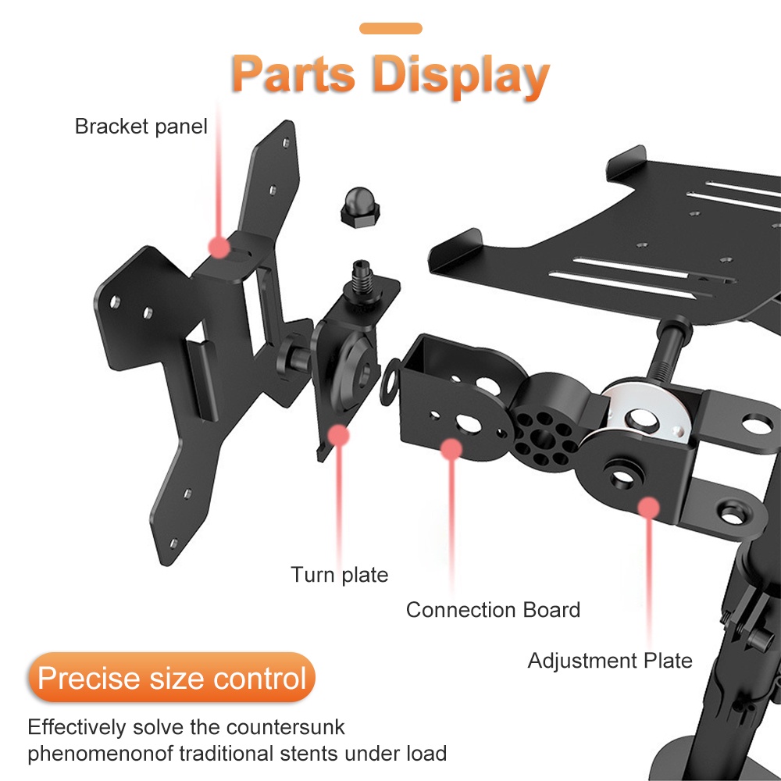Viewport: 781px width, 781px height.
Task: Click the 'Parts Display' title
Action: coord(390,75)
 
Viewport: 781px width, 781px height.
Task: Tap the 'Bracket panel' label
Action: coord(141,127)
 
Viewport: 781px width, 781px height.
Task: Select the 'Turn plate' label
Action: coord(340,575)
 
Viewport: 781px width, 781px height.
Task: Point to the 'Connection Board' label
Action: coord(493,610)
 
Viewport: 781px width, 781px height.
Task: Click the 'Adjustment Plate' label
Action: coord(610,661)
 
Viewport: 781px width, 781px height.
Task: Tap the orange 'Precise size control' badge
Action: coord(172,677)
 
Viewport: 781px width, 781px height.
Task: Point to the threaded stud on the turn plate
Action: coord(362,277)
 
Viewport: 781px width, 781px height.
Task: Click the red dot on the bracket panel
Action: coord(219,247)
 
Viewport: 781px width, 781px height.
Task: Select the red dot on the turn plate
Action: coord(339,435)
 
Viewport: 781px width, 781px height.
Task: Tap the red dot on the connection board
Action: coord(451,449)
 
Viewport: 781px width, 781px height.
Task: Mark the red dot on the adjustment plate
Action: coord(648,508)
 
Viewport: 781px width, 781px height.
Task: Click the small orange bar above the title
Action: coord(390,28)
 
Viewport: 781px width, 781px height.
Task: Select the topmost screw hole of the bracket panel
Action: coord(286,144)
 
